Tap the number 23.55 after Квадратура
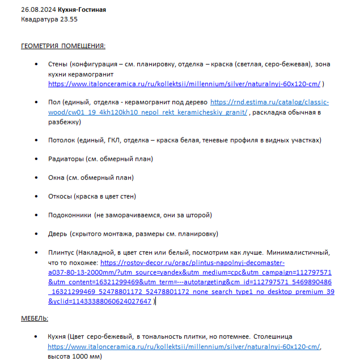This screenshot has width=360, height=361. (66, 19)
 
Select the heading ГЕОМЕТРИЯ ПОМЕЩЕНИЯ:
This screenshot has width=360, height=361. (63, 46)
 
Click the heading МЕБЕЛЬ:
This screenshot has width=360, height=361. (35, 318)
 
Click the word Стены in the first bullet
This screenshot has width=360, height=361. (58, 64)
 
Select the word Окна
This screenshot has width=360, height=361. (57, 178)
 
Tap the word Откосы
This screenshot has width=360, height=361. (60, 196)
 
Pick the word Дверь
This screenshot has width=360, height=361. (58, 234)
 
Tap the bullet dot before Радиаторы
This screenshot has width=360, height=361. (36, 159)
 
